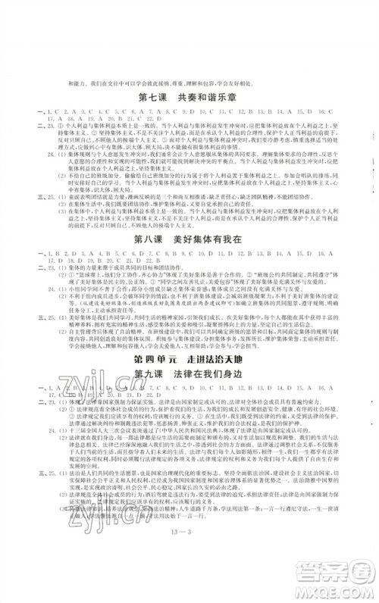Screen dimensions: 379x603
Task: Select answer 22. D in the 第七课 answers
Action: coord(149,120)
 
